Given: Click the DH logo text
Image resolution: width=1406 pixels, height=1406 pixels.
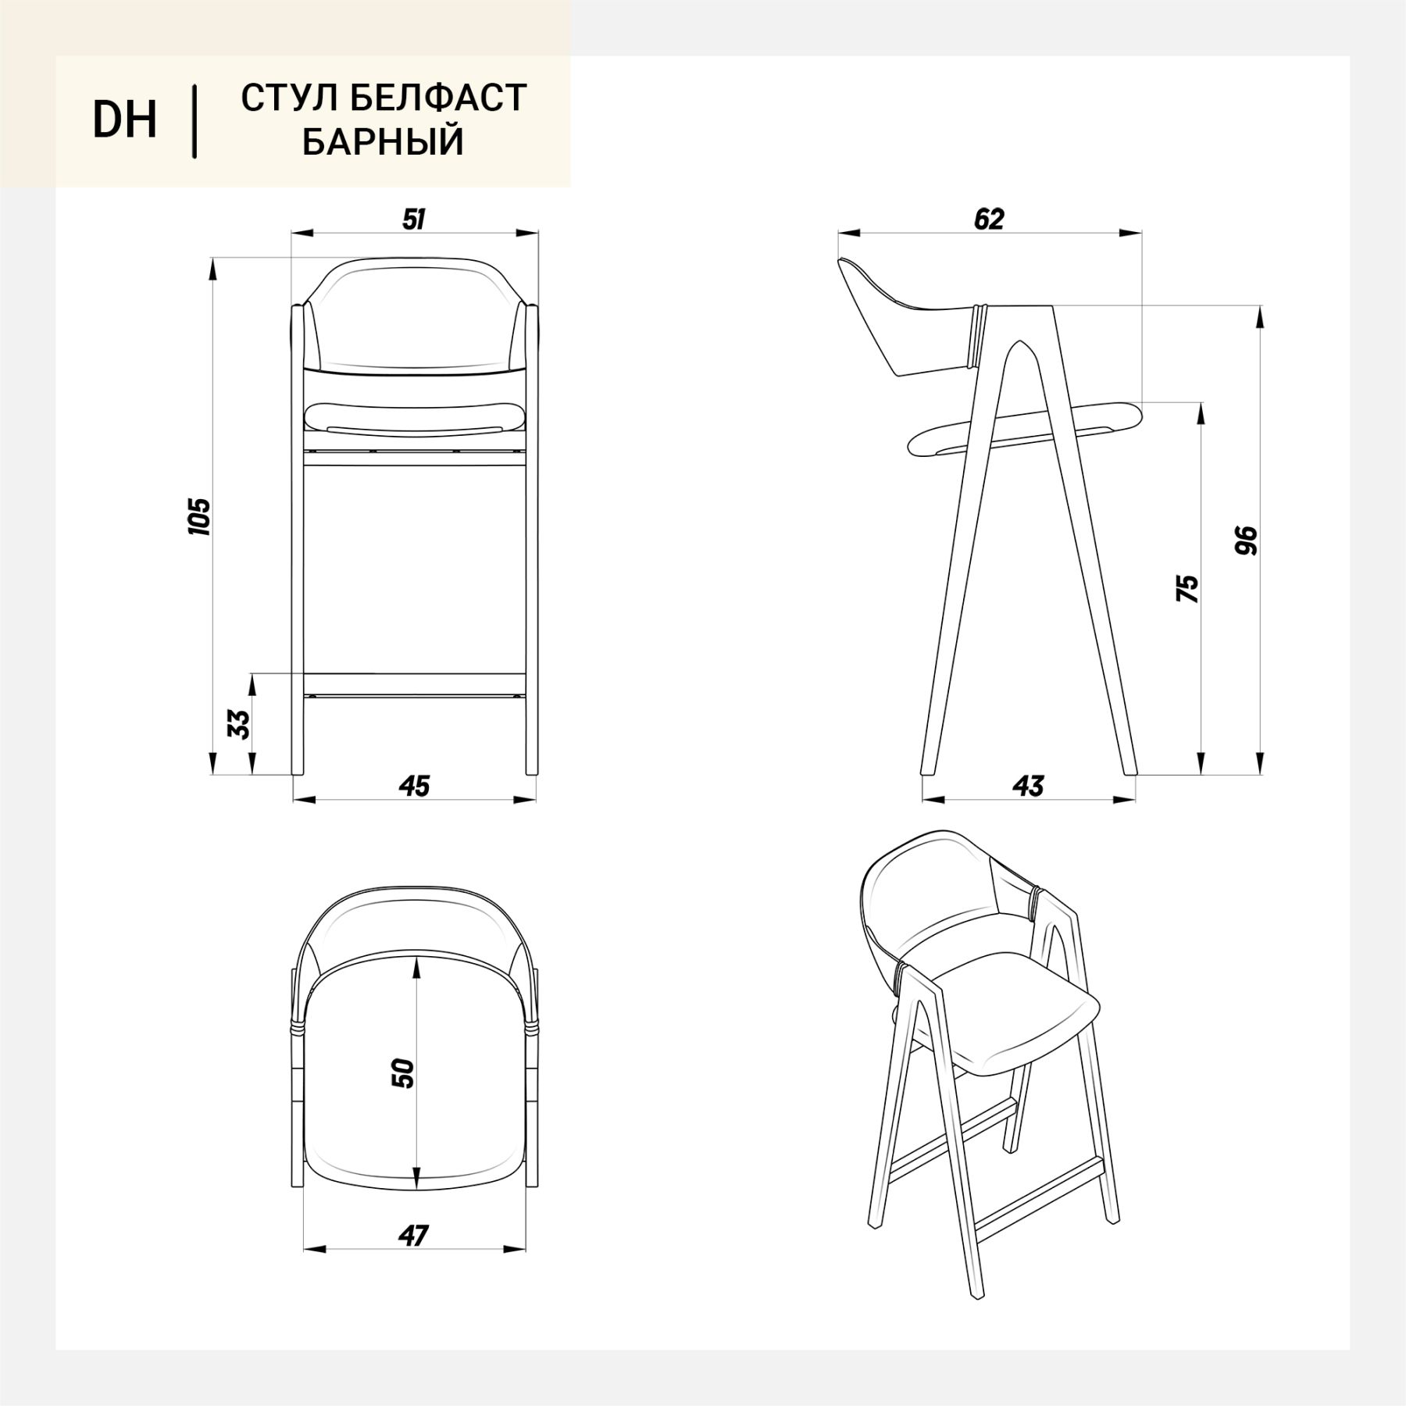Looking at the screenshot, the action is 125,120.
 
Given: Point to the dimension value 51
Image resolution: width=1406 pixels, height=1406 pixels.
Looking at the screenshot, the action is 414,219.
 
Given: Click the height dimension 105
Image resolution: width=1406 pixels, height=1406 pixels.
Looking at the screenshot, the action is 200,516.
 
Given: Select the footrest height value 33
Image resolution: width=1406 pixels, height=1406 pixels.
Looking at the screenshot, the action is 241,724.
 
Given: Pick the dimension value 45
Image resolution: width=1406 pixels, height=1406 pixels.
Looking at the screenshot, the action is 415,786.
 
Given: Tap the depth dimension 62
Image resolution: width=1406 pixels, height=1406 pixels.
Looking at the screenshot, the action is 989,219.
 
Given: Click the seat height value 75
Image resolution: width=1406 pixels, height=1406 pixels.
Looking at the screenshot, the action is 1187,588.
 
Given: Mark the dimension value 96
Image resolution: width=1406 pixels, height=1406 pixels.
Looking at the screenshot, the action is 1247,541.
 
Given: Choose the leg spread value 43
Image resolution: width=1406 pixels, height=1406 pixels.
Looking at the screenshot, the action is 1029,786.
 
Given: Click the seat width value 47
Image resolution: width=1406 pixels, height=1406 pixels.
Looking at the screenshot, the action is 413,1236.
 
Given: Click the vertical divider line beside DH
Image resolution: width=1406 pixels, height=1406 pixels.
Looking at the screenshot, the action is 194,122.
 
